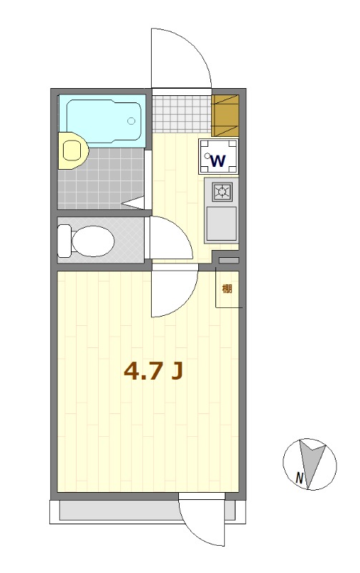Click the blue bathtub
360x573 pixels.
click(x=103, y=120)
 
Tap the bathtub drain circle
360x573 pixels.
click(x=131, y=120)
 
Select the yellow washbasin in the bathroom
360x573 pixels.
click(x=73, y=150)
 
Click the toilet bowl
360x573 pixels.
click(x=93, y=241)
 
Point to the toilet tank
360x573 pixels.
click(x=64, y=241)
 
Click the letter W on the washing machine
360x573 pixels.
click(x=218, y=160)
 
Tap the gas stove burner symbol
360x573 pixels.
click(x=222, y=191)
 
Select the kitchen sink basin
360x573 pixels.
click(x=221, y=223)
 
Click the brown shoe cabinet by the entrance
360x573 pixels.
click(x=225, y=115)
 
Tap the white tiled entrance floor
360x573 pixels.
click(x=182, y=114)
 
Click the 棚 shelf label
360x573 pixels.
click(x=227, y=289)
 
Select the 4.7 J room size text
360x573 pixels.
click(x=153, y=371)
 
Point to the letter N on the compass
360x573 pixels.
click(x=299, y=478)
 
